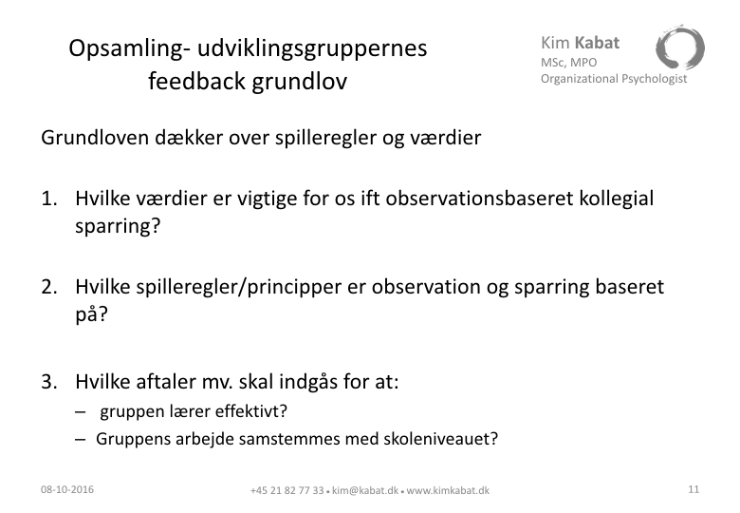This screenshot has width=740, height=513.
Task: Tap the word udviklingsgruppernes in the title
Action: (x=312, y=49)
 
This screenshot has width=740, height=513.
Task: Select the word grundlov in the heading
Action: (x=299, y=81)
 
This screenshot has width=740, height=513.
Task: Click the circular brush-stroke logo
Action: (x=679, y=48)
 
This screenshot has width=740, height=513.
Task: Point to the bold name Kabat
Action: (x=597, y=43)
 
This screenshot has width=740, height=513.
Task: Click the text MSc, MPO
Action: (x=568, y=63)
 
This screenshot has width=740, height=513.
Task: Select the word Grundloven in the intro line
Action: (x=94, y=138)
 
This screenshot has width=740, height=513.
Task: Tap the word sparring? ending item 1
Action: (x=118, y=227)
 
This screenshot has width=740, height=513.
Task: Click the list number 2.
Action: (x=49, y=287)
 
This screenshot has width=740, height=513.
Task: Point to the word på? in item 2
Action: (x=92, y=315)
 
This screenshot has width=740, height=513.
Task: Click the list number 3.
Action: (x=49, y=382)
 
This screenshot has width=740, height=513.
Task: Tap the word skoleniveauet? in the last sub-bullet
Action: (x=441, y=439)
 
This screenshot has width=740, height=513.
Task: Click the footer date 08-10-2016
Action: (x=67, y=489)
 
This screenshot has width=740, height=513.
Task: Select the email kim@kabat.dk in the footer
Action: (x=365, y=491)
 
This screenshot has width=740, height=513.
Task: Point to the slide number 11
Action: (x=694, y=489)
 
